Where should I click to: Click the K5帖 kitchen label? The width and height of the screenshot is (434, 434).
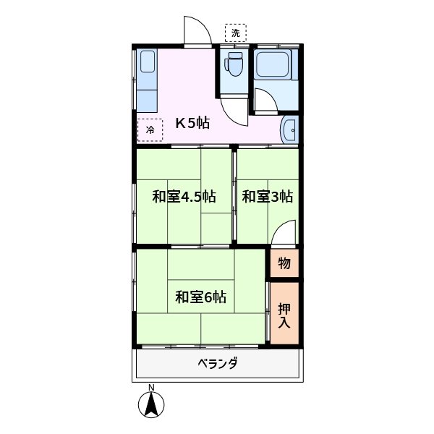(x=192, y=123)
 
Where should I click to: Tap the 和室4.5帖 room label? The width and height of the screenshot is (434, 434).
(x=184, y=196)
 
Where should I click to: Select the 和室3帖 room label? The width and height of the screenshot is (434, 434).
(x=267, y=196)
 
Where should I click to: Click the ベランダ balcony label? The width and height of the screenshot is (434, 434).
(x=217, y=363)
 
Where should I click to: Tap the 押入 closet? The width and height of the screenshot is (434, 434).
(x=284, y=313)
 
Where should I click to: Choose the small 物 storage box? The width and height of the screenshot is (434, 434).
(x=284, y=263)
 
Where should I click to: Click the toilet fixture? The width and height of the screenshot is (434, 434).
(x=234, y=65)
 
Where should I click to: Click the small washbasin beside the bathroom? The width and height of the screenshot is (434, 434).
(x=291, y=129)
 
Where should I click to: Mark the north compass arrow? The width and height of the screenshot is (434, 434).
(x=152, y=407)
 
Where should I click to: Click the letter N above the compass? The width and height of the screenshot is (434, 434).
(x=152, y=388)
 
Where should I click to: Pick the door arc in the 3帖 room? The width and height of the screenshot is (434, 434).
(x=284, y=235)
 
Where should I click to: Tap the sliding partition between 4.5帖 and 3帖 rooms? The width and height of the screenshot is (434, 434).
(x=234, y=196)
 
